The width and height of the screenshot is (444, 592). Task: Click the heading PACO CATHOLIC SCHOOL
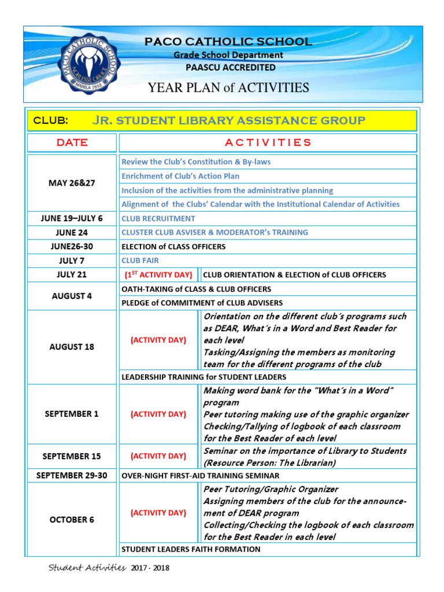tap(228, 42)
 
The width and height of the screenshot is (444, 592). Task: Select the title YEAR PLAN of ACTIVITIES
tap(228, 88)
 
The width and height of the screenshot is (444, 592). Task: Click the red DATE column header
tap(72, 143)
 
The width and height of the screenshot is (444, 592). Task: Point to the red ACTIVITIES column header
tap(267, 143)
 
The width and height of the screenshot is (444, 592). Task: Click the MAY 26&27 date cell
tap(72, 183)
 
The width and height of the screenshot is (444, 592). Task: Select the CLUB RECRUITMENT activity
tap(158, 219)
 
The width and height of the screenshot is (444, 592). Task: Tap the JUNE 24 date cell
tap(72, 232)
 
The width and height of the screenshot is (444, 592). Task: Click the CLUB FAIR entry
tap(140, 261)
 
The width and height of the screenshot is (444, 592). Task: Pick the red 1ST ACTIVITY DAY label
tap(158, 275)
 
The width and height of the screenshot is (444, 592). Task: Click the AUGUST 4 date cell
tap(72, 296)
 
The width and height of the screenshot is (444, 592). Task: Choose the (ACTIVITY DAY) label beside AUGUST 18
tap(158, 340)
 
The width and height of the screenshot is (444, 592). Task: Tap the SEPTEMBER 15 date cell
tap(72, 456)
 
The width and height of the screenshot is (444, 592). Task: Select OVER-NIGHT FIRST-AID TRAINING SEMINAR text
tap(200, 476)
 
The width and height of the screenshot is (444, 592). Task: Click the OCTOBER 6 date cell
tap(72, 520)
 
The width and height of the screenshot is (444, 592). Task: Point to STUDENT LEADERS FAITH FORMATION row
tap(191, 549)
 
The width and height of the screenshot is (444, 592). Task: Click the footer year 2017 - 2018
tap(150, 568)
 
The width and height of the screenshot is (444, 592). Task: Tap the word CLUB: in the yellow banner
tap(51, 120)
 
